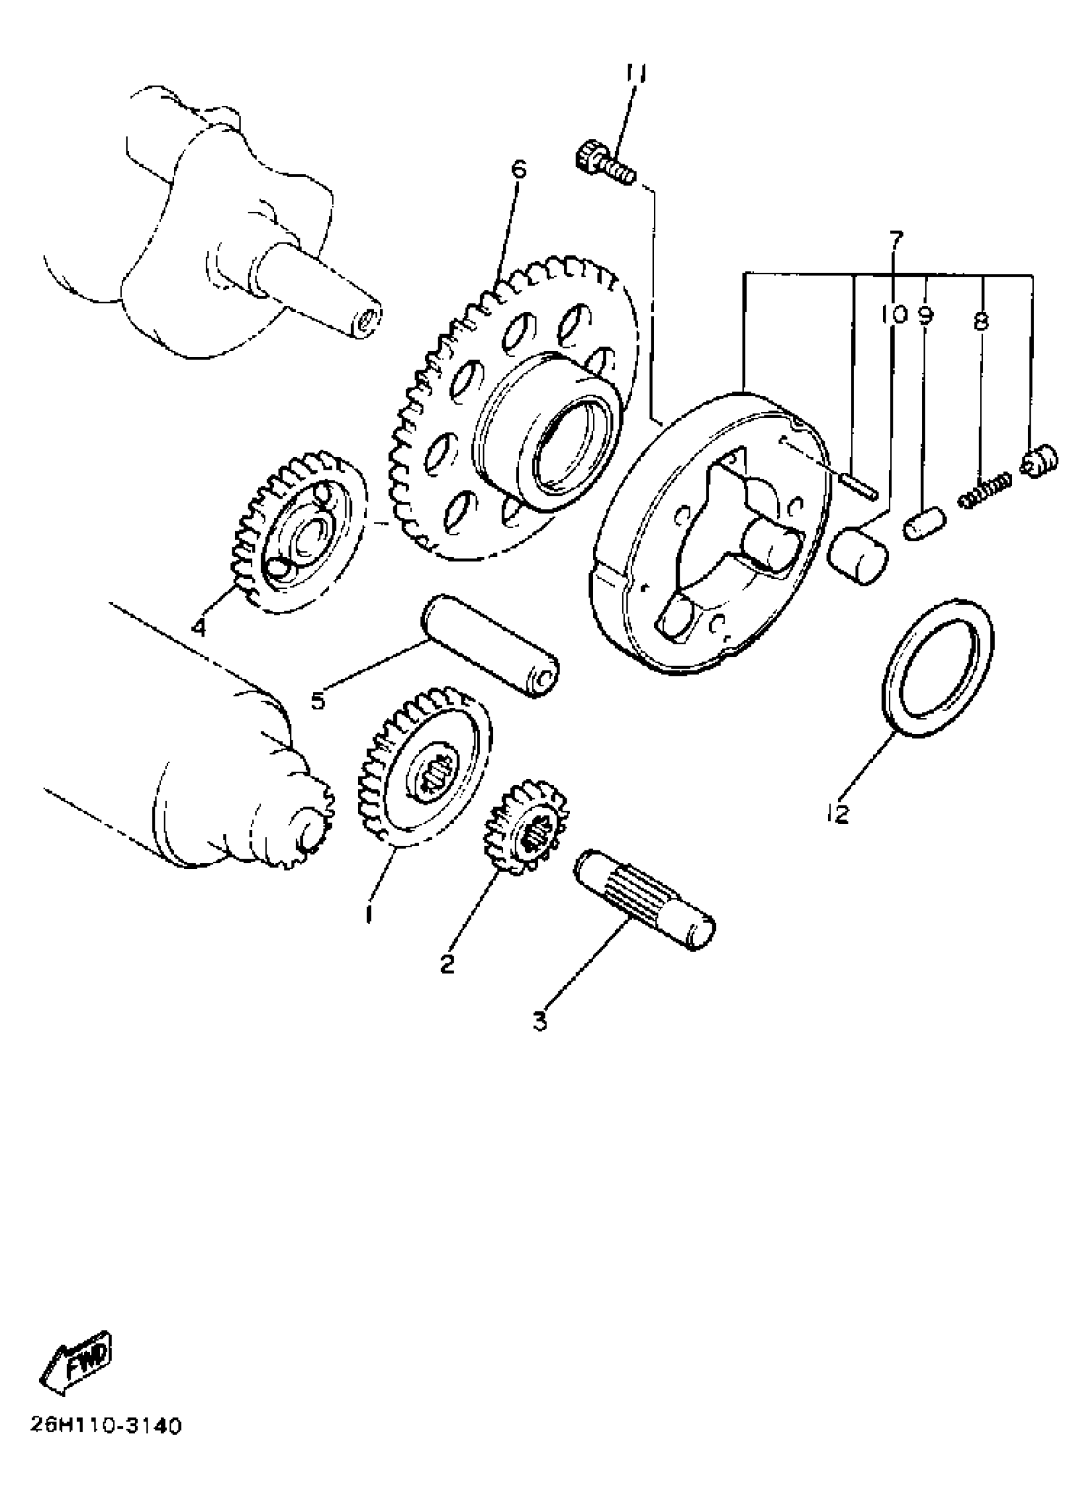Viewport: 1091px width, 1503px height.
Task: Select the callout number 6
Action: pos(519,169)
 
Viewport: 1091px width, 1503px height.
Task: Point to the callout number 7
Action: pos(895,239)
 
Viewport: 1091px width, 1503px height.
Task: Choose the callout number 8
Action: pos(982,322)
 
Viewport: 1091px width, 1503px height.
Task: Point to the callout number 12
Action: pos(839,814)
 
